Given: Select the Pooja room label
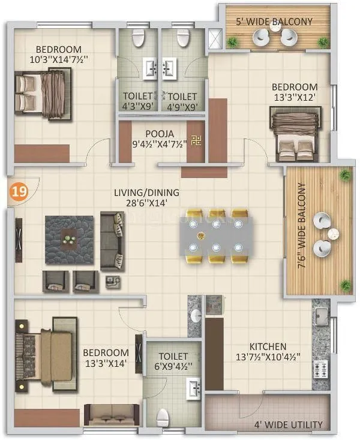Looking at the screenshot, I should [x=159, y=132].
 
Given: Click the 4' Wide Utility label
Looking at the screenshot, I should [x=289, y=425].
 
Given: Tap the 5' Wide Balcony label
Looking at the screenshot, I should [x=274, y=22].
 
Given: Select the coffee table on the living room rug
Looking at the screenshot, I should [x=70, y=237].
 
